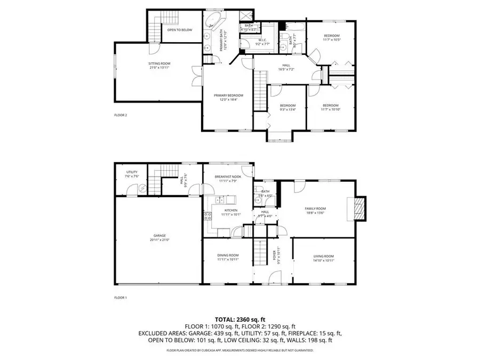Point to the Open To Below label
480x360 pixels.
click(180, 30)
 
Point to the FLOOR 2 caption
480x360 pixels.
click(121, 115)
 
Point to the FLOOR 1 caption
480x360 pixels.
click(121, 298)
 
